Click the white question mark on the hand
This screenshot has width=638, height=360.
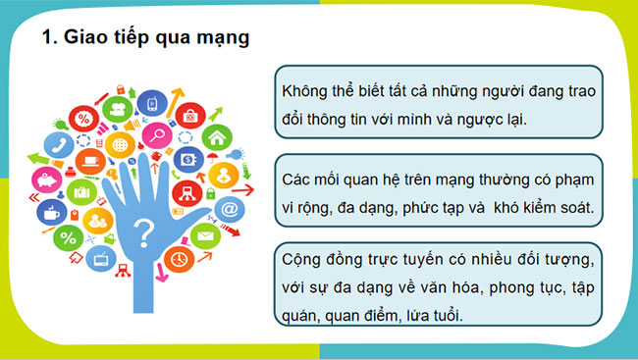(143, 234)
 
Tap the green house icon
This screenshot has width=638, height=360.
(217, 136)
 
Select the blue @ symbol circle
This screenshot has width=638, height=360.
(229, 208)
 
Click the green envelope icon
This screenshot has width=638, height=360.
(205, 235)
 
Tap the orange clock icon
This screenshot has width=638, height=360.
(179, 259)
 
